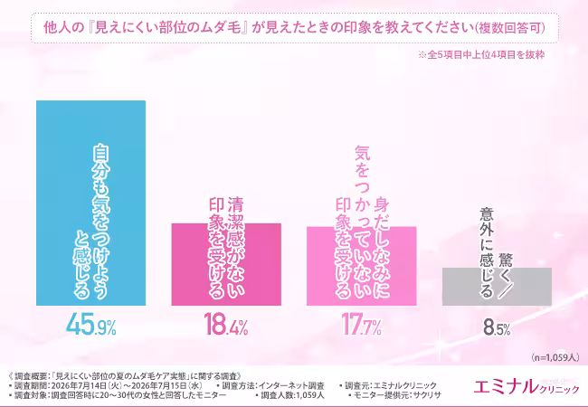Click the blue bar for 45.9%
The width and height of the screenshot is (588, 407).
click(x=90, y=203)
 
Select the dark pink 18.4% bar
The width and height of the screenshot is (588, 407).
click(x=226, y=264)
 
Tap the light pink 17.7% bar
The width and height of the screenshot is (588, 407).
click(x=362, y=266)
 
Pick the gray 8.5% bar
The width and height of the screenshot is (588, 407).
click(x=497, y=287)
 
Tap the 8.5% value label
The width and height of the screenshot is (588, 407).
click(x=497, y=327)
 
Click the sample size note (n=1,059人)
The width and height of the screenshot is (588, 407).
click(x=555, y=357)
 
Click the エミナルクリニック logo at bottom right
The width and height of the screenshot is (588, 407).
click(x=526, y=387)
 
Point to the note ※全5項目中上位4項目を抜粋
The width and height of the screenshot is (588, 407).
click(x=481, y=54)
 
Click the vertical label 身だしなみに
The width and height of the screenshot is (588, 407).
click(x=382, y=247)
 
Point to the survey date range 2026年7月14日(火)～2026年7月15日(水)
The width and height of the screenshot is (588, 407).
click(x=127, y=386)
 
